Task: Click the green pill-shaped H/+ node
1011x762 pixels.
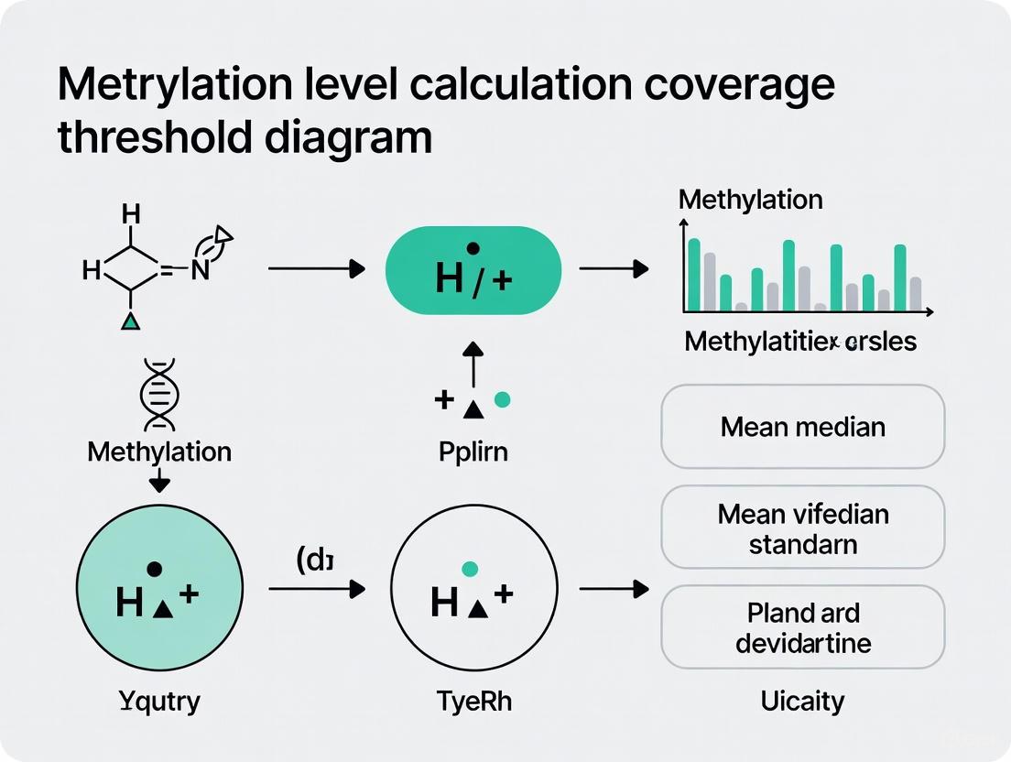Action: tap(473, 270)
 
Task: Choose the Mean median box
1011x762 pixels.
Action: tap(802, 427)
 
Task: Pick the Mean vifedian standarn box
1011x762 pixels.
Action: tap(802, 528)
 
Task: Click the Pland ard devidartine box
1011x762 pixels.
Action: tap(802, 627)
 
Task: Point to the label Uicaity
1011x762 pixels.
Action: tap(802, 702)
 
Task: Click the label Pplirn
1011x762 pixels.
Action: tap(473, 452)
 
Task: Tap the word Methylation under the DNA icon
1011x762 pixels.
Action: tap(159, 452)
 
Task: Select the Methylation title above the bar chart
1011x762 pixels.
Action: tap(750, 200)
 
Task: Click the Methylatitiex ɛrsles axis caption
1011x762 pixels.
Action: tap(799, 343)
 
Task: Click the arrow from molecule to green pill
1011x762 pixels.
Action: tap(316, 269)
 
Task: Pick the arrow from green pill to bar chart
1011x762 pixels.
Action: tap(614, 269)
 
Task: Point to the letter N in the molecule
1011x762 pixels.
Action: tap(201, 270)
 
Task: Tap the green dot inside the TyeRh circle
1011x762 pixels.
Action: tap(470, 570)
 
